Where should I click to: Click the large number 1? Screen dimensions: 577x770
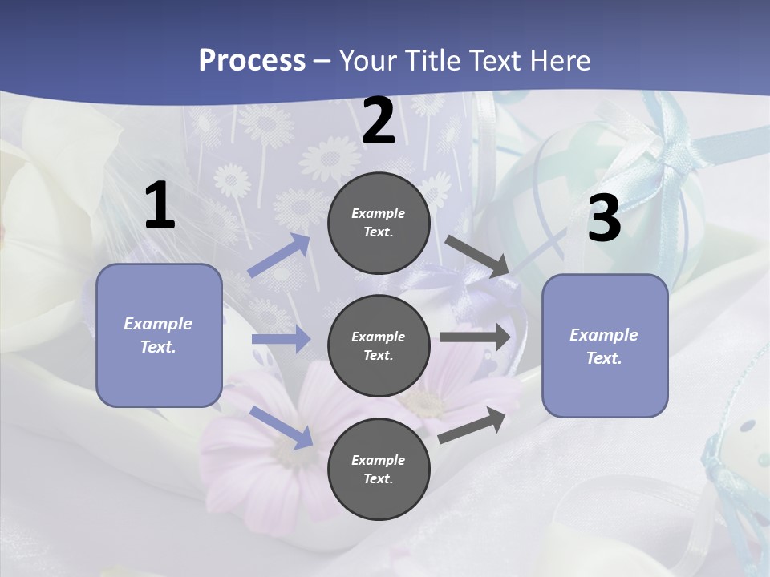point(160,207)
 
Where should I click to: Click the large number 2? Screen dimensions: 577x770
point(379,122)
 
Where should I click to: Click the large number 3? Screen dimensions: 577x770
point(604,220)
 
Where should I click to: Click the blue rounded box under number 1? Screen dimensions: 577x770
point(159,335)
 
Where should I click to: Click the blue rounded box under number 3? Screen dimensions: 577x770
point(605,345)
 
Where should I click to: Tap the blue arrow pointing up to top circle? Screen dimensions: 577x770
point(279,256)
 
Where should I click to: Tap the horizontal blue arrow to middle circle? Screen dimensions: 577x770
point(281,339)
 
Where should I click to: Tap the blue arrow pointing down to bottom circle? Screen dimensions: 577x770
point(281,426)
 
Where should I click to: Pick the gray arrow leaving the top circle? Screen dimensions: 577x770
point(477,256)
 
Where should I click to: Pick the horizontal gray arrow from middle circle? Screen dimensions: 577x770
point(475,337)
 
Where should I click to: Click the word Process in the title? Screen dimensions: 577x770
point(252,60)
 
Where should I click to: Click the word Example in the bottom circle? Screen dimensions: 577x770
point(378,460)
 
